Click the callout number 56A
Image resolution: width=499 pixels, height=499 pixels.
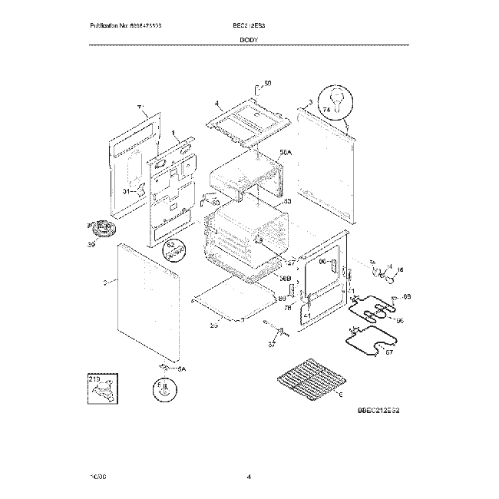pos(286,154)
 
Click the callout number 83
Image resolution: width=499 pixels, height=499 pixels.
pos(287,201)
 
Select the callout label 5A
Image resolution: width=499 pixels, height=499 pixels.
pos(181,369)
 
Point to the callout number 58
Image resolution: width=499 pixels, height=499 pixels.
pos(267,83)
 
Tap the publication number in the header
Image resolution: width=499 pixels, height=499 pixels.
pos(126,25)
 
